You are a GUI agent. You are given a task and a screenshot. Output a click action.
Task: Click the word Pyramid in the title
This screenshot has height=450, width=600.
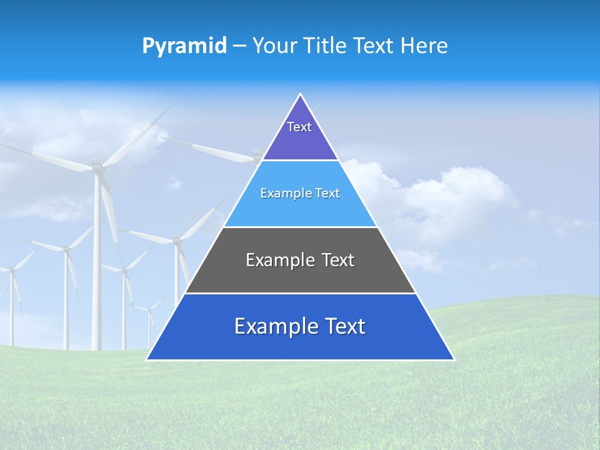184,46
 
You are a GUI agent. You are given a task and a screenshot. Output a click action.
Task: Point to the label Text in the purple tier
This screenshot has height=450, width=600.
299,127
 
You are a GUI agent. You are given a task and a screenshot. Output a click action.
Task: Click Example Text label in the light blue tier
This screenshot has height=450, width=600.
300,193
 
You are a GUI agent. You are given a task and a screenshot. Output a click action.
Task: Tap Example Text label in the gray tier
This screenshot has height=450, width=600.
300,260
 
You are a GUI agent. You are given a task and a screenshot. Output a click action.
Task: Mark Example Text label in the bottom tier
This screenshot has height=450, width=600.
300,326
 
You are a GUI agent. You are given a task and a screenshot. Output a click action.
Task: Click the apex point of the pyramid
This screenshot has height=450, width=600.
301,94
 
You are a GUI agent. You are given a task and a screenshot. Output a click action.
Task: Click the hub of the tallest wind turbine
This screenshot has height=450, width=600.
97,166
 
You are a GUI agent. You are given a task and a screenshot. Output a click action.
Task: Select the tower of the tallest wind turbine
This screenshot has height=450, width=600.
97,262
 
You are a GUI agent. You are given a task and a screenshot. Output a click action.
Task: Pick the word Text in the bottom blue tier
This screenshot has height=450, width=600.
343,326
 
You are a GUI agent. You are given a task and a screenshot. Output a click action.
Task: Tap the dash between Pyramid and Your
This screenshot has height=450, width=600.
239,46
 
